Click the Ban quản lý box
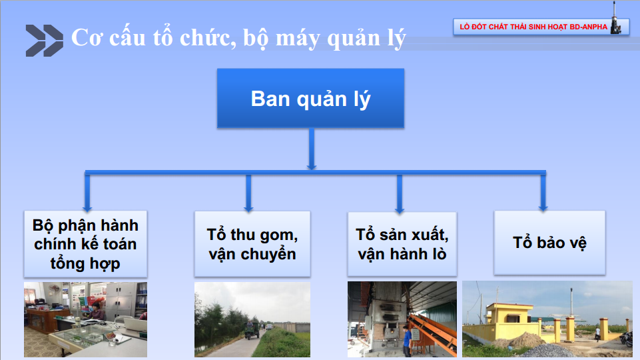point(310,98)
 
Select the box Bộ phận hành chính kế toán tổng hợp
point(85,244)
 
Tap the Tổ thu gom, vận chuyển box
point(252,244)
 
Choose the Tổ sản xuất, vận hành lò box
point(402,244)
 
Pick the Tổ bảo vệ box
point(549,242)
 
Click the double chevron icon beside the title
point(45,41)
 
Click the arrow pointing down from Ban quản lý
point(312,149)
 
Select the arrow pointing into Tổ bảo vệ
point(543,193)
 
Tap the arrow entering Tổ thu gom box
point(248,193)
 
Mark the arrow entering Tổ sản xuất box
point(400,194)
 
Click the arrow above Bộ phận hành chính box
point(87,193)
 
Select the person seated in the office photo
point(97,312)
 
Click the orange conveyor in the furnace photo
point(433,333)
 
